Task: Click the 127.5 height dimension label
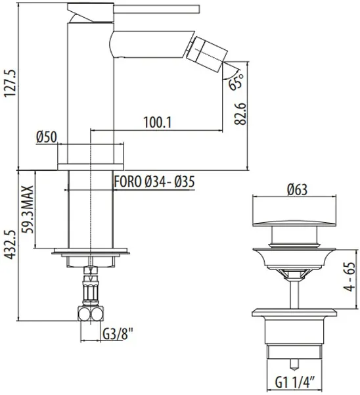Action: point(11,82)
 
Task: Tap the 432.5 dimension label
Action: point(11,244)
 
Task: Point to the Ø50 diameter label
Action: point(47,137)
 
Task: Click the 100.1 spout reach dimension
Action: point(158,123)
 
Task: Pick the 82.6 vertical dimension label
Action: point(240,113)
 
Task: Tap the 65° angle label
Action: point(236,81)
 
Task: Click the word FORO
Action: point(128,181)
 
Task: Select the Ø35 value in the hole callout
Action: point(185,181)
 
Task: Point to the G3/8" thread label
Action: point(118,335)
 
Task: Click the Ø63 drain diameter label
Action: point(297,189)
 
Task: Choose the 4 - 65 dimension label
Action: point(350,277)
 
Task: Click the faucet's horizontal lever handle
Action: point(156,9)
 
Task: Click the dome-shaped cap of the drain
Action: point(294,223)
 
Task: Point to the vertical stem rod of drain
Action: point(294,294)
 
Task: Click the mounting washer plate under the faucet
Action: point(91,251)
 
